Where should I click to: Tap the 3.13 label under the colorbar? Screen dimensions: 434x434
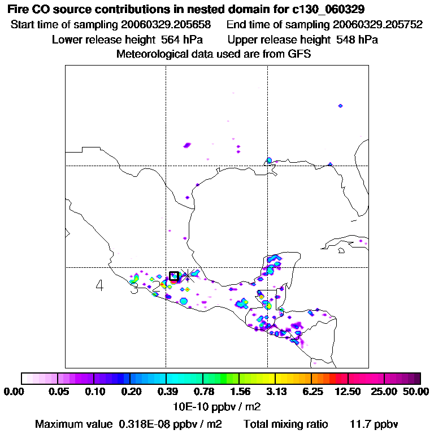(275, 392)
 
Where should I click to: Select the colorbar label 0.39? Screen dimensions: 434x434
(166, 392)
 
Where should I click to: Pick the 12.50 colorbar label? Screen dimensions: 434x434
(349, 392)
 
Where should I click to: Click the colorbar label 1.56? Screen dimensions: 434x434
(239, 392)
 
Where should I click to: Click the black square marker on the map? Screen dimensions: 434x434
(174, 276)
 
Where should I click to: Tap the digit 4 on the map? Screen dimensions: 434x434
(99, 286)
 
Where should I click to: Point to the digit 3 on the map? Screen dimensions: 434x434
(134, 289)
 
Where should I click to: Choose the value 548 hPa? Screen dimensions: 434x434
(357, 40)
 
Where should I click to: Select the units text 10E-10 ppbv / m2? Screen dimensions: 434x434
(217, 406)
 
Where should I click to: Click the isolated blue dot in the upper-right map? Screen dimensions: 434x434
(340, 106)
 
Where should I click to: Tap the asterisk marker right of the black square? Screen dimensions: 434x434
(189, 276)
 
